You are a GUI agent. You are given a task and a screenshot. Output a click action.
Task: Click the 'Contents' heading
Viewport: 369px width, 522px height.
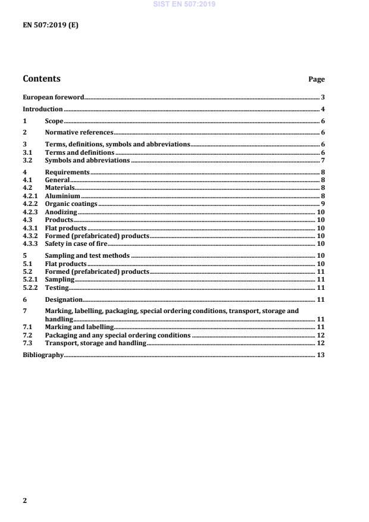(41, 79)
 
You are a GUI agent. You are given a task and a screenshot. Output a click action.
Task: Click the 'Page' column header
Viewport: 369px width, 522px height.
(317, 79)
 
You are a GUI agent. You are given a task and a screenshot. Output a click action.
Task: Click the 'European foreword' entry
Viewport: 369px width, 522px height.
(53, 97)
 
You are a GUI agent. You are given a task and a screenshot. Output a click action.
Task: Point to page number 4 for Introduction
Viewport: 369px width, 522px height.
(323, 110)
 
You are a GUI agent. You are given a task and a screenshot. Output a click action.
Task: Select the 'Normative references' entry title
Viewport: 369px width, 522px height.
(79, 132)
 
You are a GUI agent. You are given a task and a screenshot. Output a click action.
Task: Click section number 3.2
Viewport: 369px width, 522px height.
(27, 160)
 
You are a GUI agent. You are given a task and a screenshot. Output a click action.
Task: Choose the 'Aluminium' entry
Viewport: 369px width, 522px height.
(62, 196)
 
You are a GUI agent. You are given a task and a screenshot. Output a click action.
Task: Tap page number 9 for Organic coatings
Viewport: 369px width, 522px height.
(323, 204)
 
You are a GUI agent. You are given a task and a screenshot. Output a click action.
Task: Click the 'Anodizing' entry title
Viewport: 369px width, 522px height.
(61, 212)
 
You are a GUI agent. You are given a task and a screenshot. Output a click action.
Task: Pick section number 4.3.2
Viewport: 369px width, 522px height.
(30, 236)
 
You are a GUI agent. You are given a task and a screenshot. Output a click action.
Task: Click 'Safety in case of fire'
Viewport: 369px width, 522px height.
(76, 243)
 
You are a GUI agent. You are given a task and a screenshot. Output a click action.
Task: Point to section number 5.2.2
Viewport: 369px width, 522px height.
(30, 287)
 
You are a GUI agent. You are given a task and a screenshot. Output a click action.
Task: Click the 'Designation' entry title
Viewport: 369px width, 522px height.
(64, 299)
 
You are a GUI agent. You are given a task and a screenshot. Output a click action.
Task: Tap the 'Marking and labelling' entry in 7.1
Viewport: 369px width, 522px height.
(79, 327)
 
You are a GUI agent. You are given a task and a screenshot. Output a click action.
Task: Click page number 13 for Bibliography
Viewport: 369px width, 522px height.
(320, 355)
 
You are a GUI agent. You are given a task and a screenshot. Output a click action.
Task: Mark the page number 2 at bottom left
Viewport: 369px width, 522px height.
(24, 501)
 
